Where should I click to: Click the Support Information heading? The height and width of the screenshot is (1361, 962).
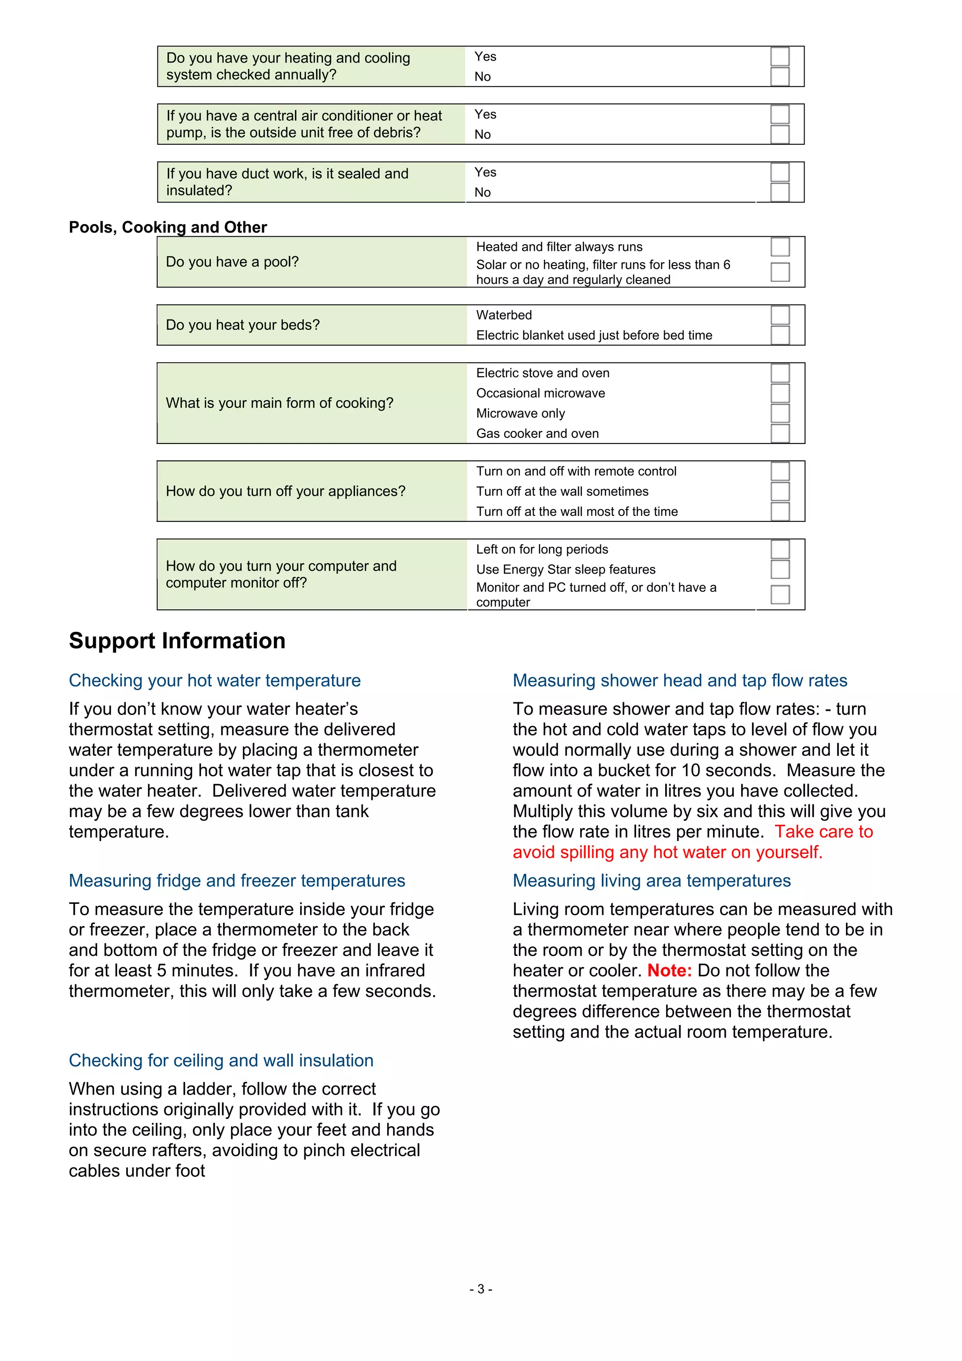(177, 641)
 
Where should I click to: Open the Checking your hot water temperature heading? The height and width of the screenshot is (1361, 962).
(215, 680)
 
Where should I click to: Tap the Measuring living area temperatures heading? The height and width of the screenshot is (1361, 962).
(652, 881)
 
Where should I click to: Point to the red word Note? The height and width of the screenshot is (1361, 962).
(669, 971)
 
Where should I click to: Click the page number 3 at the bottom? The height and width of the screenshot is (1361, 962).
(481, 1289)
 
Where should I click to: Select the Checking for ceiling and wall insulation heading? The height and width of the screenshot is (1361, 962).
(221, 1060)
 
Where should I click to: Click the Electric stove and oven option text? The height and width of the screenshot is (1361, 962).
(543, 373)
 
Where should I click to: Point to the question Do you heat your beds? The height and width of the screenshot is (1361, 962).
(242, 325)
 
